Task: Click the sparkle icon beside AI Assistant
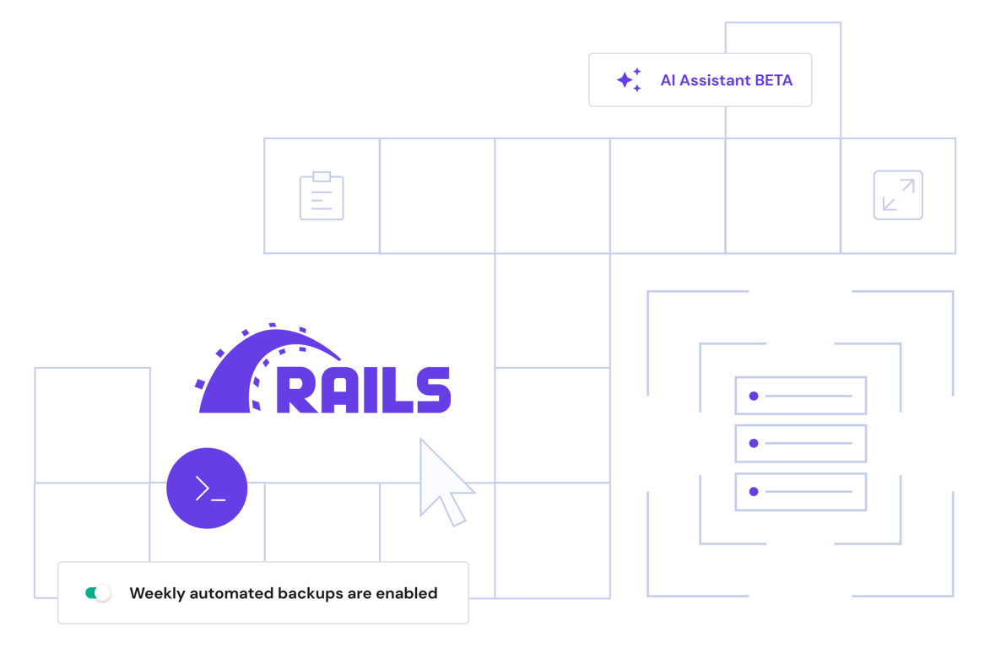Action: [x=628, y=80]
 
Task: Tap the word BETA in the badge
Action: [x=773, y=81]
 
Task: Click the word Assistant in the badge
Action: [x=716, y=81]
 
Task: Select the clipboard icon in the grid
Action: [x=322, y=197]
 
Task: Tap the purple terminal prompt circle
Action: [x=207, y=489]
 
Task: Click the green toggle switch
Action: [x=98, y=593]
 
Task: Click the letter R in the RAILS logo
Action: [x=295, y=389]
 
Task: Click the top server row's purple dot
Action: [x=753, y=396]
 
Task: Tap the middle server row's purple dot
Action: [x=753, y=443]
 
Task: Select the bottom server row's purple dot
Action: [x=753, y=491]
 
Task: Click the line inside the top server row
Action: [x=808, y=396]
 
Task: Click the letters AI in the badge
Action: [x=668, y=81]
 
